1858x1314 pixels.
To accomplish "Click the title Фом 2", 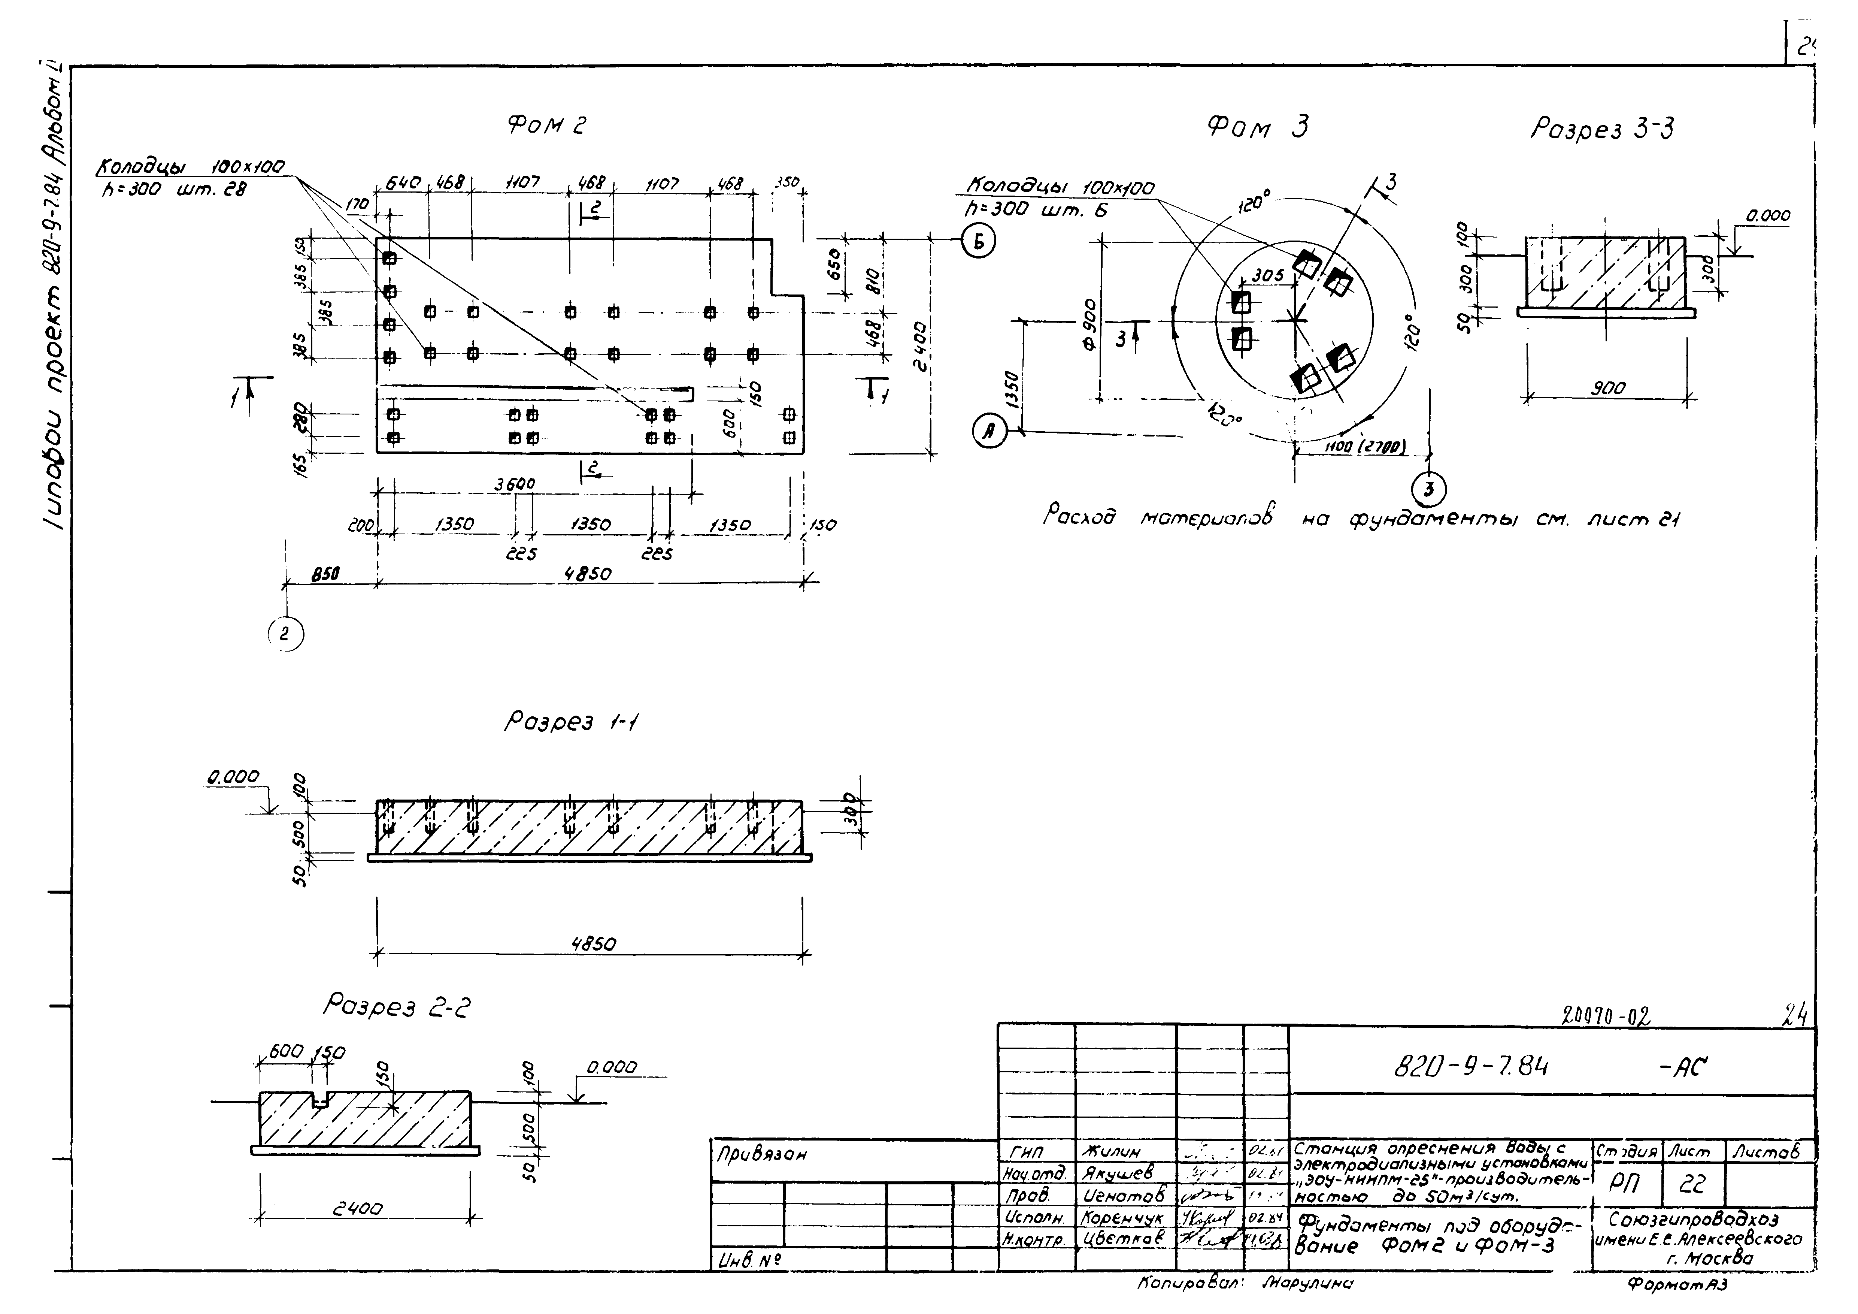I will [546, 126].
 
